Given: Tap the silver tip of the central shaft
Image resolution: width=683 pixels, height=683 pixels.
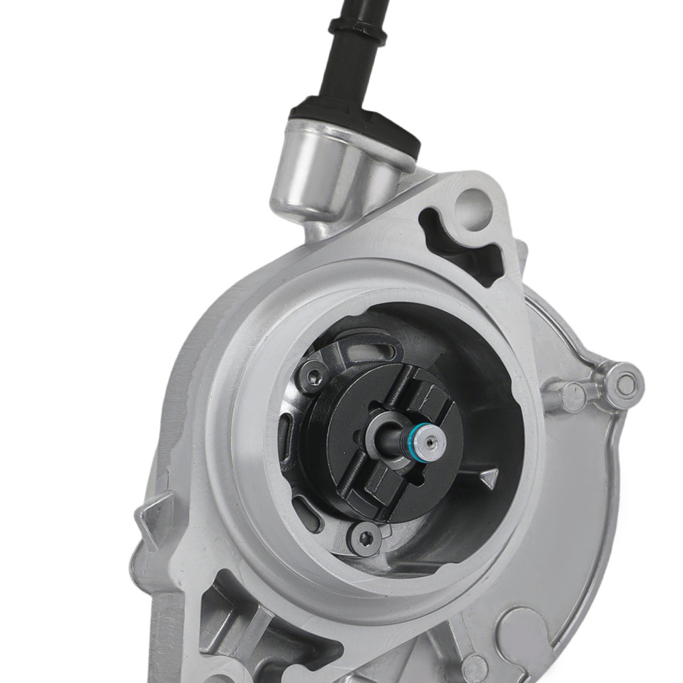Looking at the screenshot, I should pos(430,442).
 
